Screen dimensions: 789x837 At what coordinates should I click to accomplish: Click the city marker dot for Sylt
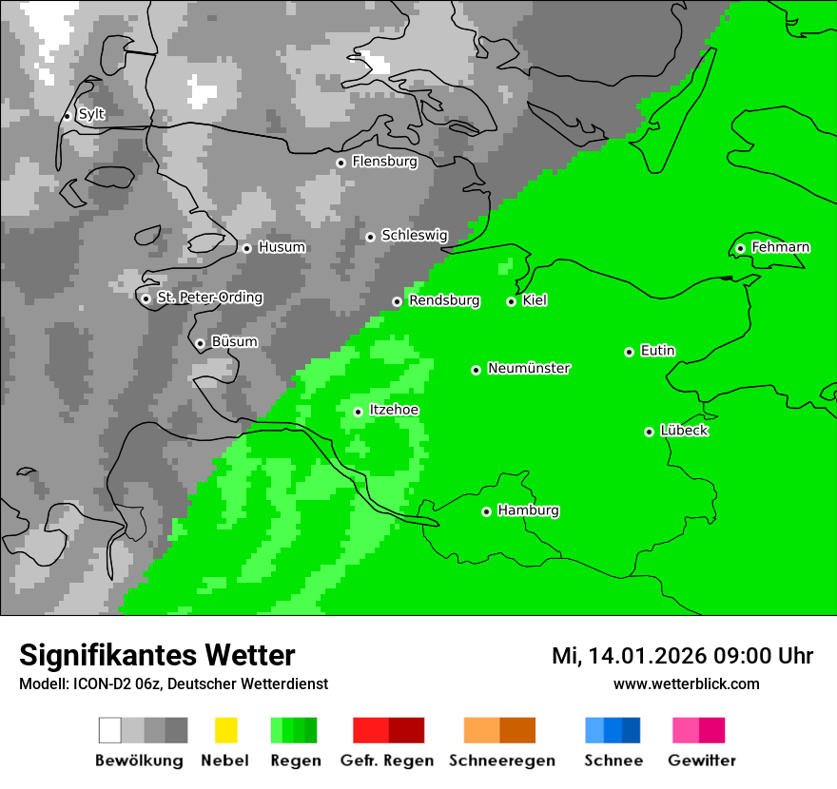pos(68,116)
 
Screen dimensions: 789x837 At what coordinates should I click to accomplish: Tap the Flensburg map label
pos(384,162)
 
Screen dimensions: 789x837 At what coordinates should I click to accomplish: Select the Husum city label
pos(282,247)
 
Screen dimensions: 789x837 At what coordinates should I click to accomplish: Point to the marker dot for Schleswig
pos(371,237)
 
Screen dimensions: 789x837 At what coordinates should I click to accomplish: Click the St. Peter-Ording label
pos(209,298)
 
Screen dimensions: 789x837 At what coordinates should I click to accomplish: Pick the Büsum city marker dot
pos(200,343)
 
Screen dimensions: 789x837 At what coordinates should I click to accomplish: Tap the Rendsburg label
pos(444,300)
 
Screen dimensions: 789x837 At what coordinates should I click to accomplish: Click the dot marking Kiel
pos(512,301)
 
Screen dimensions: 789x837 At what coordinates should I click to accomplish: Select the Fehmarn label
pos(780,247)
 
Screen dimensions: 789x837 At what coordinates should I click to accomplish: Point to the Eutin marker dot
pos(630,352)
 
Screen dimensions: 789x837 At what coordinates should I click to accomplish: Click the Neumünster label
pos(529,368)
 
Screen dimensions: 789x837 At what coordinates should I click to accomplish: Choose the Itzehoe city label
pos(394,410)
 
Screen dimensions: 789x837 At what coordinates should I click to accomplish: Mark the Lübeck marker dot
pos(650,432)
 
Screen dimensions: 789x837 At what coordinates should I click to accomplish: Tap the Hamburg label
pos(528,510)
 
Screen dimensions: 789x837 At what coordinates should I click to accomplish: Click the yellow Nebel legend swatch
pos(225,730)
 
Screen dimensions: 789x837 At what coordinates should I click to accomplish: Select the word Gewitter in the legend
pos(702,760)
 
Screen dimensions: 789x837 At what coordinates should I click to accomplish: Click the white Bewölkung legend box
pos(110,730)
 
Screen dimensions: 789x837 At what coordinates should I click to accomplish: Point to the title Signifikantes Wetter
pos(157,655)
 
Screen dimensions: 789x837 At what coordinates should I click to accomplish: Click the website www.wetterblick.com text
pos(686,683)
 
